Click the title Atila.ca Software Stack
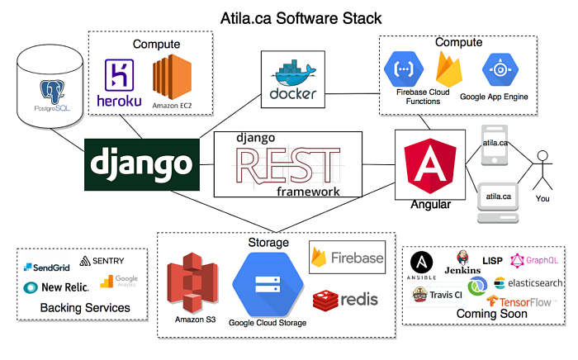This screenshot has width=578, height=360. coord(290,17)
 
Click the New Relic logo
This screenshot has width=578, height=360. coord(56,287)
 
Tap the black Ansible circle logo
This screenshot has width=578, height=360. coord(424,264)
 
